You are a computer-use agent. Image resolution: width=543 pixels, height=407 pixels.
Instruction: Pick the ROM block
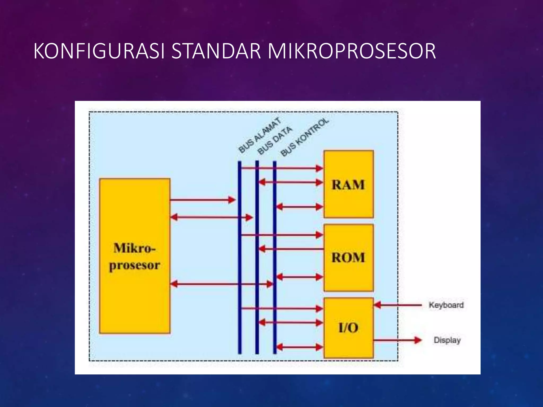(x=348, y=258)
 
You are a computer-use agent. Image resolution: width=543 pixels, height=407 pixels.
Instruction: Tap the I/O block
(x=348, y=328)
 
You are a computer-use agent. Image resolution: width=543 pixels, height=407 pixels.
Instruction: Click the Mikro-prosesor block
(x=135, y=256)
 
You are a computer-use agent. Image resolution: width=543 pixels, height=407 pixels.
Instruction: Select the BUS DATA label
(x=275, y=140)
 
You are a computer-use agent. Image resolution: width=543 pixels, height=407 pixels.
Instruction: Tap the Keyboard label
(x=446, y=305)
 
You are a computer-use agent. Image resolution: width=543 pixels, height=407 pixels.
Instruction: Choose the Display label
(x=447, y=340)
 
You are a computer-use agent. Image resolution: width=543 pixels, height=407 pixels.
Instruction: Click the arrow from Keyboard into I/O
(x=398, y=305)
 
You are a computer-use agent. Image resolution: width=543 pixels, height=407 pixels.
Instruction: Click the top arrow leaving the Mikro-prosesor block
(x=203, y=200)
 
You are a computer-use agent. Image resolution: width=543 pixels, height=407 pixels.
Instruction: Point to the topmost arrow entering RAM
(x=281, y=168)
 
